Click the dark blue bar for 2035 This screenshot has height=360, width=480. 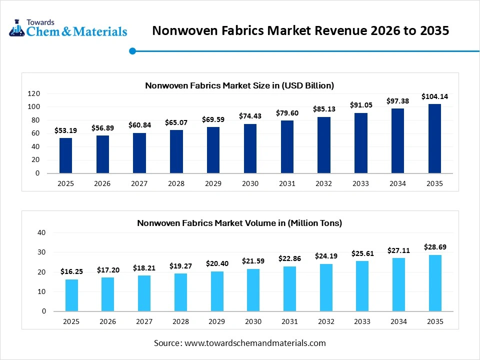click(434, 138)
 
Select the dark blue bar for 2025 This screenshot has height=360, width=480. click(65, 155)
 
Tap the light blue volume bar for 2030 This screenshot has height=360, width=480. click(253, 290)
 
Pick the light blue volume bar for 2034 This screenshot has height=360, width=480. click(398, 284)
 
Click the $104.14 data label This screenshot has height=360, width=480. click(434, 96)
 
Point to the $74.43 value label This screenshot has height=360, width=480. click(250, 116)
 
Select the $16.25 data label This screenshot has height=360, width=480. click(71, 271)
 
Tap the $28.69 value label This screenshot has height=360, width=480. click(435, 247)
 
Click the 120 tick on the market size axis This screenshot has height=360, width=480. click(33, 93)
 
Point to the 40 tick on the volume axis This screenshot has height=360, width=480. click(41, 232)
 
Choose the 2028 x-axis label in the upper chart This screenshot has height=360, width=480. click(176, 183)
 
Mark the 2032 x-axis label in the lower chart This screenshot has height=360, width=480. click(326, 321)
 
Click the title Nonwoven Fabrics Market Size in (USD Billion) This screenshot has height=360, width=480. click(239, 85)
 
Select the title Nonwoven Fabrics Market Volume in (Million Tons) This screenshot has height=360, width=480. click(239, 223)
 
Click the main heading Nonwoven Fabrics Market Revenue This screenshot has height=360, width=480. click(300, 30)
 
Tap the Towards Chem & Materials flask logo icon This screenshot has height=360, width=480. click(17, 28)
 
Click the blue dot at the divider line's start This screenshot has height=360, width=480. click(132, 50)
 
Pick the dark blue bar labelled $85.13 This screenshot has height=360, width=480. click(324, 145)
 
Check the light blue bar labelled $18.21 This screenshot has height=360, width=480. click(144, 293)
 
